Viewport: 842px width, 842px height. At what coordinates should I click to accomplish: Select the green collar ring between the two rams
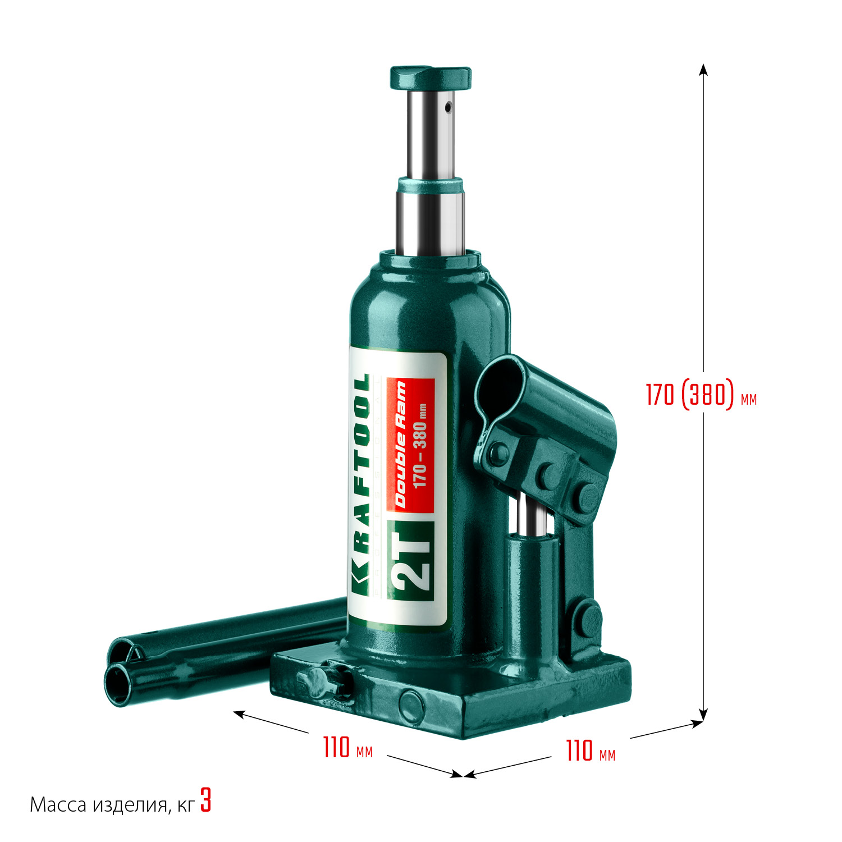(x=431, y=185)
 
